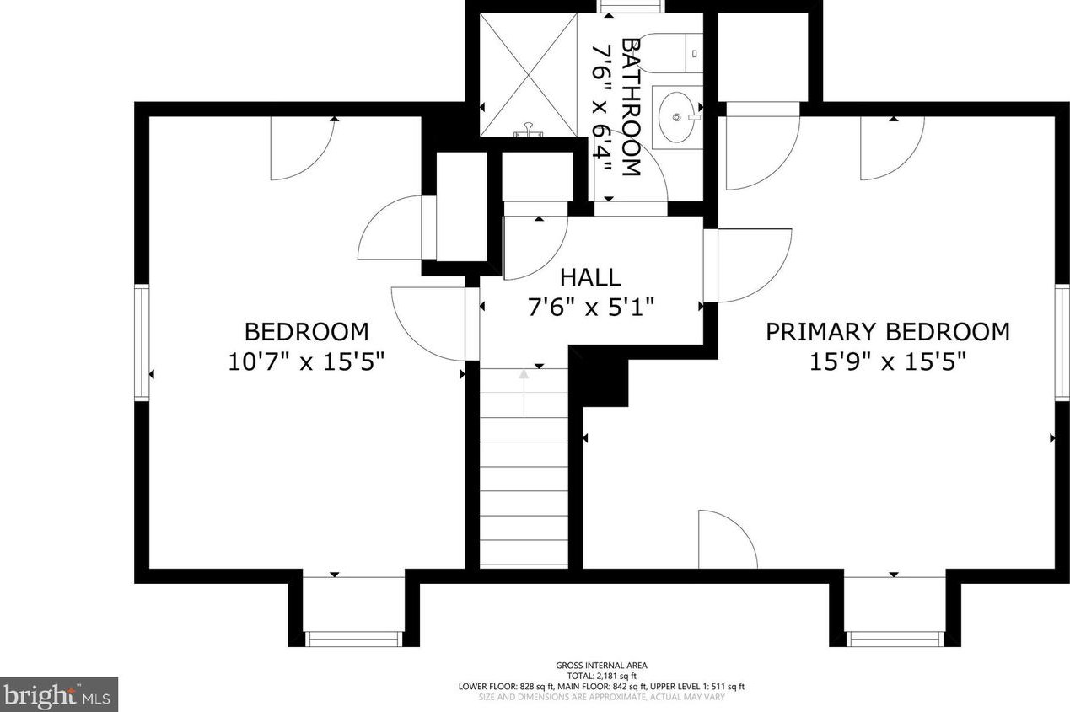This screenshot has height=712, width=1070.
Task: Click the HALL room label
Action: click(x=590, y=278)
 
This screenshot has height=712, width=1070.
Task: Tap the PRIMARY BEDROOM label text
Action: click(x=888, y=332)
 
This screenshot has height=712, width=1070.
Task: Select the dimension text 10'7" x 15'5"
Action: click(x=306, y=361)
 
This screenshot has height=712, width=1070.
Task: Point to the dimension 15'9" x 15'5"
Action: click(x=888, y=361)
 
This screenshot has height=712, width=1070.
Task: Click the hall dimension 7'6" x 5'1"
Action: click(x=590, y=307)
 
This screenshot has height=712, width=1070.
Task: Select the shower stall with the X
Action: click(x=529, y=75)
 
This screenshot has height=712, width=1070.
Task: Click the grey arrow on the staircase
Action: click(x=524, y=393)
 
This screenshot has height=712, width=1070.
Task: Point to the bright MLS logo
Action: click(x=59, y=694)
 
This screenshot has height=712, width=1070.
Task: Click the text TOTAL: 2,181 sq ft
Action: click(x=601, y=676)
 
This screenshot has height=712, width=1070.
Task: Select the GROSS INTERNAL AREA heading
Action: click(x=601, y=665)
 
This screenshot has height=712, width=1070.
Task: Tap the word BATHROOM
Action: click(x=630, y=107)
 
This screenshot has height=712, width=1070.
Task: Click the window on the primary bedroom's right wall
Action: click(x=1062, y=342)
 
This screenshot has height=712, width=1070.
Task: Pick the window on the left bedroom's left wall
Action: click(x=142, y=341)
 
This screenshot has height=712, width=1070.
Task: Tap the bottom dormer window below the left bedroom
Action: click(x=353, y=639)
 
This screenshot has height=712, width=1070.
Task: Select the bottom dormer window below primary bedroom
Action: click(x=895, y=639)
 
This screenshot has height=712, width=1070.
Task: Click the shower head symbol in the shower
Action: click(x=529, y=130)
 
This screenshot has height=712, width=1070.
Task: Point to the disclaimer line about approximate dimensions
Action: click(x=601, y=697)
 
